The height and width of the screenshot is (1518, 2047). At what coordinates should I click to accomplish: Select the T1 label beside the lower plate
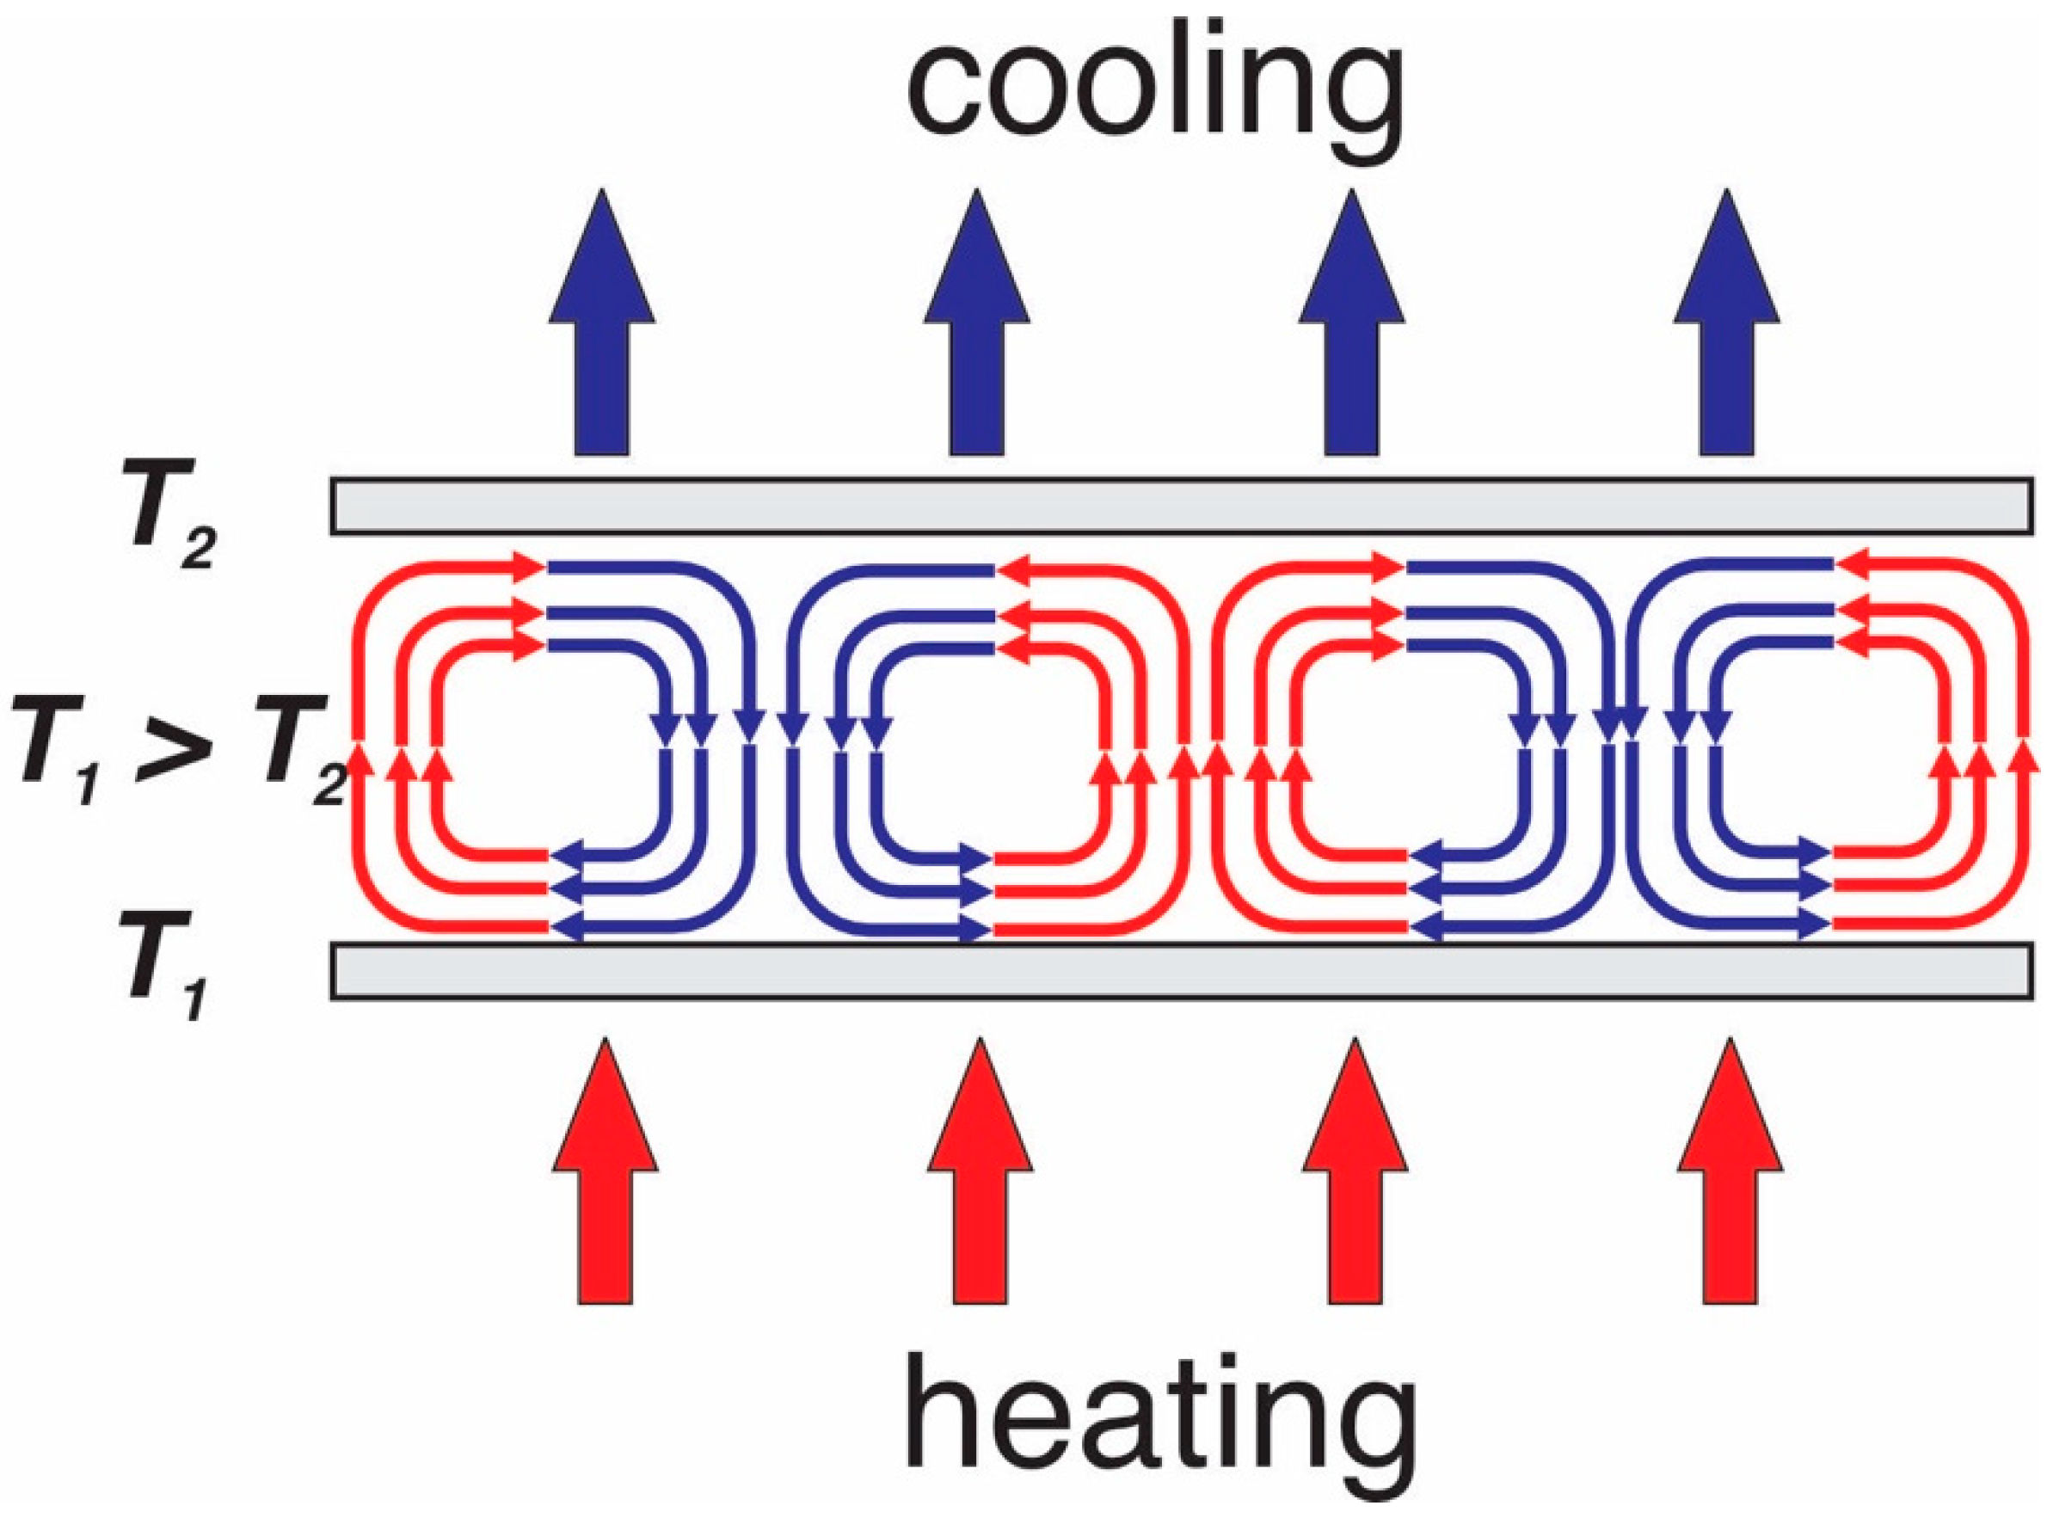tap(165, 966)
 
